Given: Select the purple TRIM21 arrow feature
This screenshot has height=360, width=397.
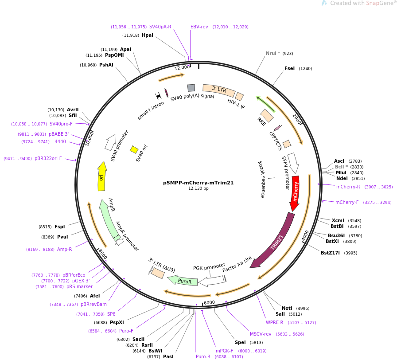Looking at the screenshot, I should click(x=274, y=242).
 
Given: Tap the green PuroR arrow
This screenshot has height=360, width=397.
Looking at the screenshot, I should click(x=183, y=280).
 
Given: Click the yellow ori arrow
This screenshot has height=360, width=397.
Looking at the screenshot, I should click(x=102, y=177).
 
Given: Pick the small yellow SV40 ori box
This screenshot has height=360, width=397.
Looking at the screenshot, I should click(x=134, y=149).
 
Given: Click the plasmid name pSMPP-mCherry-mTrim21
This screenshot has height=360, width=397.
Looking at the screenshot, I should click(x=198, y=183).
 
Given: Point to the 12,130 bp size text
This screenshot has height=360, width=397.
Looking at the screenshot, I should click(x=198, y=188).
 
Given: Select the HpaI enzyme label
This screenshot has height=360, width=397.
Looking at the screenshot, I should click(x=148, y=35).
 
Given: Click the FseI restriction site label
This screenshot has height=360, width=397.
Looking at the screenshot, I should click(x=289, y=68).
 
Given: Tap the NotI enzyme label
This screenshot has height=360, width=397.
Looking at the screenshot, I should click(x=287, y=308).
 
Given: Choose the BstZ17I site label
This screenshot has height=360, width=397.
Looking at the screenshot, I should click(x=330, y=253).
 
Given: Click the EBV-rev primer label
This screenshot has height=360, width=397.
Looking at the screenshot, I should click(x=199, y=27).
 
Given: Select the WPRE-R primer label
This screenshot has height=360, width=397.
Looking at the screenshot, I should click(x=275, y=322).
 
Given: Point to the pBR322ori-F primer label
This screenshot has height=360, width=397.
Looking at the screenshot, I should click(x=48, y=158).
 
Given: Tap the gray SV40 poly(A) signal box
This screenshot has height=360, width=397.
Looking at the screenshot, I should click(x=191, y=88).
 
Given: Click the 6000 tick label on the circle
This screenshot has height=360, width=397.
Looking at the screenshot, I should click(x=209, y=302).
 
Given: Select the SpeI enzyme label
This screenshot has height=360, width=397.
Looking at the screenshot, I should click(x=240, y=342).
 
